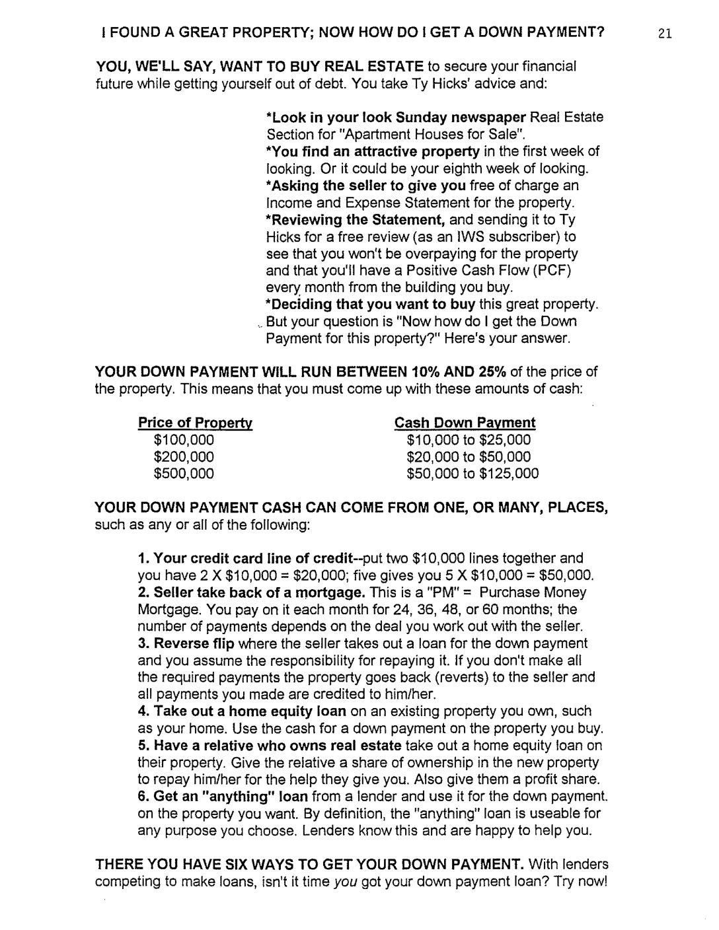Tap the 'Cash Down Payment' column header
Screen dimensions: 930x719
coord(465,423)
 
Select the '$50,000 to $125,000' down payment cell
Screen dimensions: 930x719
coord(473,474)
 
